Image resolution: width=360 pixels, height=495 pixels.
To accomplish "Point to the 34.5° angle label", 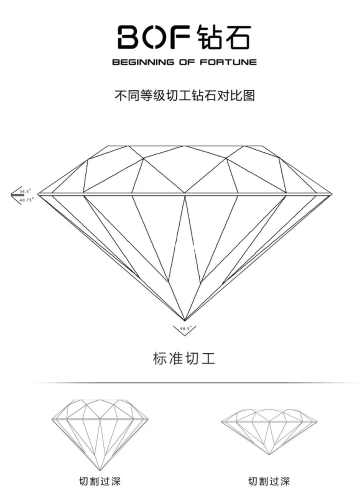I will [25, 191].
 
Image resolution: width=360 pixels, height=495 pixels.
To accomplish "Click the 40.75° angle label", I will [26, 199].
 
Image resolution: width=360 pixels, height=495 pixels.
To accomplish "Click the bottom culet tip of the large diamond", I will [185, 320].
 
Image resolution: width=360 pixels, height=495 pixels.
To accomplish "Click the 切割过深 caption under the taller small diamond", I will [100, 481].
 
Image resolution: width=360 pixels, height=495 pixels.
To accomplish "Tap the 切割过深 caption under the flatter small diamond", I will [269, 481].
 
